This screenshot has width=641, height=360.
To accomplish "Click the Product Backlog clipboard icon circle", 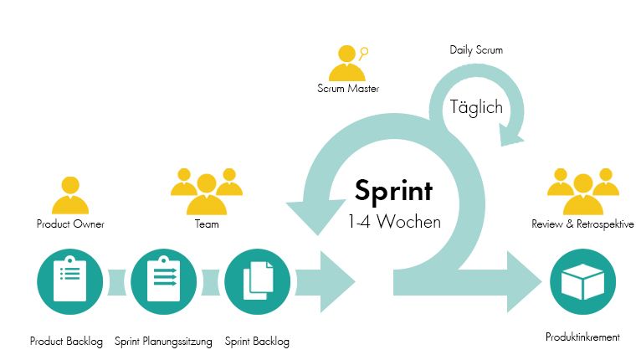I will (x=69, y=280).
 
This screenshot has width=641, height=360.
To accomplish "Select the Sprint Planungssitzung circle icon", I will (x=163, y=280).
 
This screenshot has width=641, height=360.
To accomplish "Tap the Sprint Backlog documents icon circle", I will (x=258, y=280).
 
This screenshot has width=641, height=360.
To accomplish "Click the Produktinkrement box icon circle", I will (x=582, y=282).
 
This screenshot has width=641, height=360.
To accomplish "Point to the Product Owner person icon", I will (x=70, y=196).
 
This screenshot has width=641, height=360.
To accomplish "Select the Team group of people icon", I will (x=206, y=191).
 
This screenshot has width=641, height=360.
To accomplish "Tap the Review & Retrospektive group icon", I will (x=582, y=191).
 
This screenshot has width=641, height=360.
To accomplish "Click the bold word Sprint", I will (x=393, y=191).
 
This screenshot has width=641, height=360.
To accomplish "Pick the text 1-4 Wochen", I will (x=393, y=223).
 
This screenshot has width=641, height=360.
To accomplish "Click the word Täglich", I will (x=476, y=107).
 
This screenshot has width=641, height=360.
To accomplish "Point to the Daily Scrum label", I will (x=476, y=50).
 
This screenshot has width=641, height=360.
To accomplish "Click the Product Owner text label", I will (x=70, y=224).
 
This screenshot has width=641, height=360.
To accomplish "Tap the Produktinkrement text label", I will (x=582, y=337).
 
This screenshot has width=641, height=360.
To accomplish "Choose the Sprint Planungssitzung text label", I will (x=163, y=342).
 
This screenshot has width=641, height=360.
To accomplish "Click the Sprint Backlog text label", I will (x=258, y=342).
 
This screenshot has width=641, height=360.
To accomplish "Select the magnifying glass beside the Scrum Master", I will (x=364, y=52).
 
